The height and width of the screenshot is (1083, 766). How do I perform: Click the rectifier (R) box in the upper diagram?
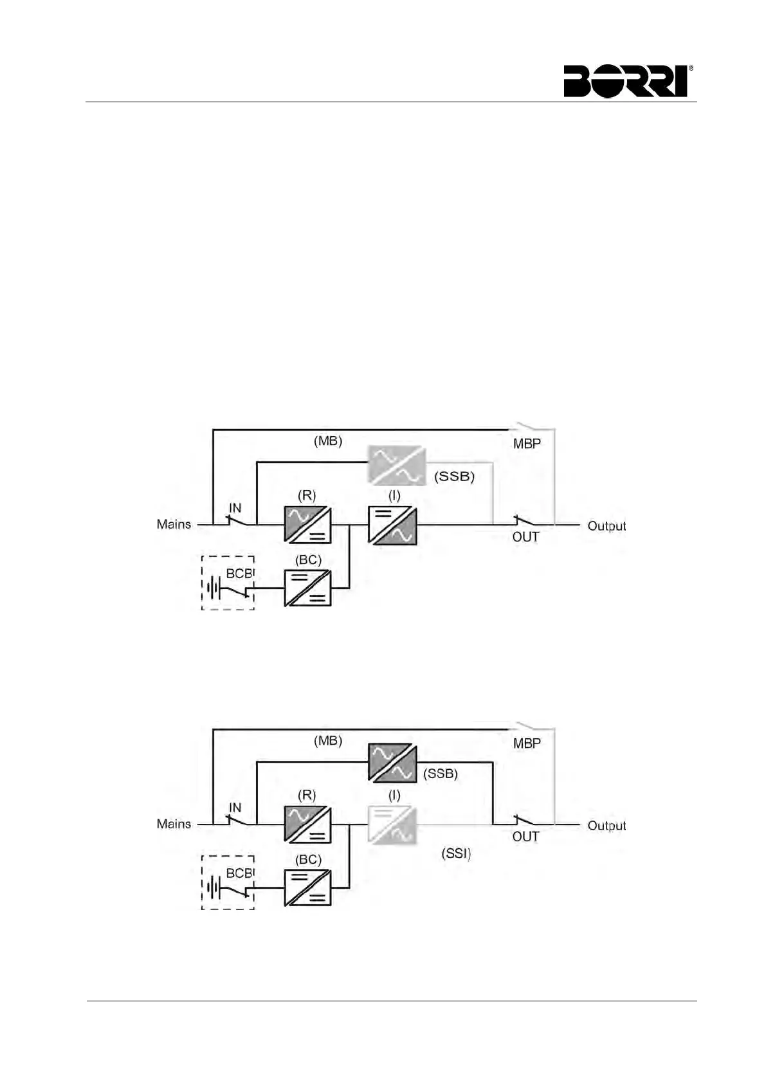click(x=307, y=525)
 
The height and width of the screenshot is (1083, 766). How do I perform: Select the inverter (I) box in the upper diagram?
click(x=392, y=525)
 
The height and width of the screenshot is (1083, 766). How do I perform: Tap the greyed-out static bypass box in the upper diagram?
click(x=396, y=464)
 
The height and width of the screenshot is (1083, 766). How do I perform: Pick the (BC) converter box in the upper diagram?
click(x=307, y=588)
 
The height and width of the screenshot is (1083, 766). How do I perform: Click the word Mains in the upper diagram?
click(x=174, y=524)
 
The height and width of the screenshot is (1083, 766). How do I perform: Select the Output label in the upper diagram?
click(x=606, y=525)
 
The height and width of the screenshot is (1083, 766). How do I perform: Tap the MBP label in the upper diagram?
click(x=527, y=443)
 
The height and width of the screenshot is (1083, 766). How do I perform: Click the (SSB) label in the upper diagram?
click(x=454, y=477)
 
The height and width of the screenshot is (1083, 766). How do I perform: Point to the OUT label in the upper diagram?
click(x=525, y=537)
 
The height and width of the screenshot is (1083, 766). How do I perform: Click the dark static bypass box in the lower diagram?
click(x=392, y=762)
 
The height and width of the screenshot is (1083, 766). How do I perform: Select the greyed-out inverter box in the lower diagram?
click(x=392, y=824)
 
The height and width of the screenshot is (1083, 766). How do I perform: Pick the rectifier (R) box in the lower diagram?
click(x=307, y=824)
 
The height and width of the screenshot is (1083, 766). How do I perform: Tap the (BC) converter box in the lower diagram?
click(x=307, y=887)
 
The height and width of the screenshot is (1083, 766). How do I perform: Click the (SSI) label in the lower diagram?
click(x=456, y=853)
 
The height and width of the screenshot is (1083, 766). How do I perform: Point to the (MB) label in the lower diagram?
click(x=328, y=740)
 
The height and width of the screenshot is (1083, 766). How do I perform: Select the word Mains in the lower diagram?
click(x=174, y=824)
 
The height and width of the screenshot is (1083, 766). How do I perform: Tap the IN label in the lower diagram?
click(x=235, y=808)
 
